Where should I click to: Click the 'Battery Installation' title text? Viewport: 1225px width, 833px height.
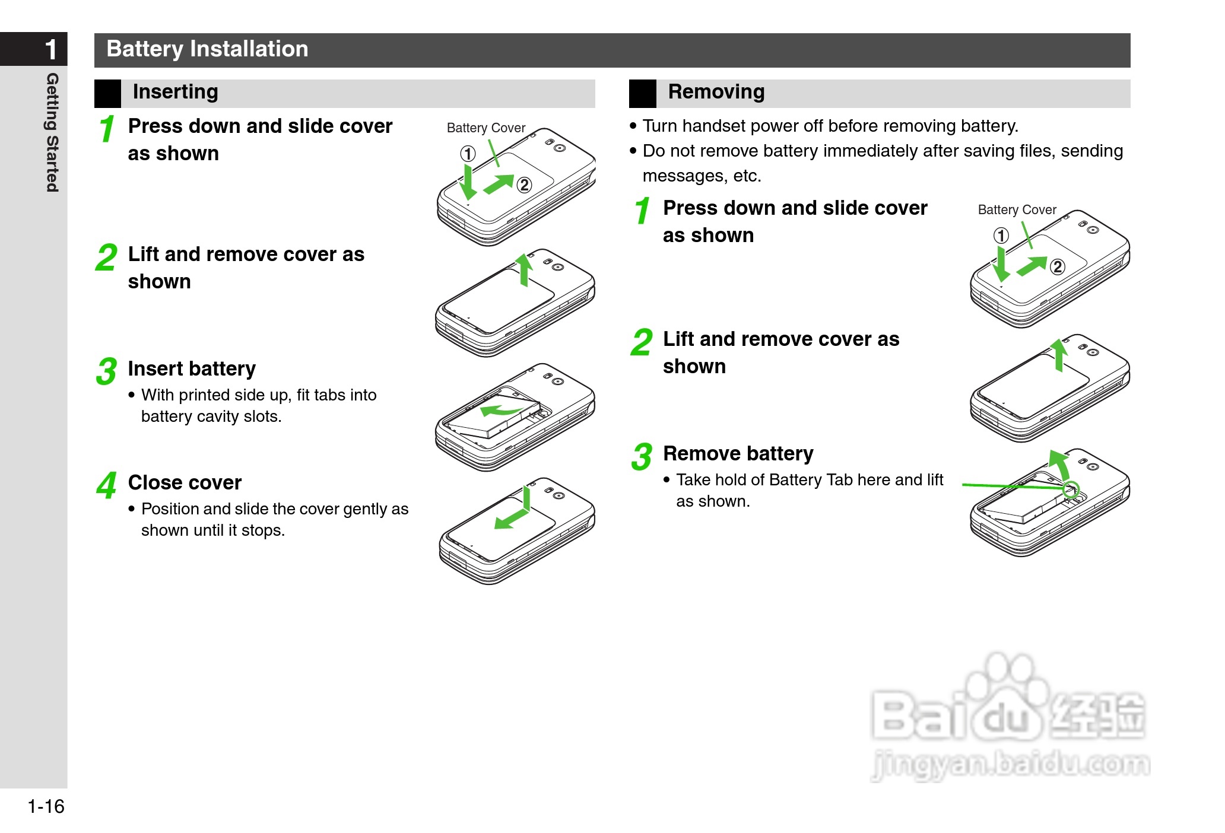click(x=207, y=49)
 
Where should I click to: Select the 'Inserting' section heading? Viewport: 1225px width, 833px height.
click(x=176, y=92)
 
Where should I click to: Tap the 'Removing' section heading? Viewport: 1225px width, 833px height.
click(x=716, y=92)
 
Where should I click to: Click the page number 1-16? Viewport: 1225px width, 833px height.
click(x=46, y=806)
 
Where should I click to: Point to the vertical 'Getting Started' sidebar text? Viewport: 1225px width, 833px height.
click(x=53, y=132)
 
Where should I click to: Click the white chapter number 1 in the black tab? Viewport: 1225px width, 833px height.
click(x=52, y=49)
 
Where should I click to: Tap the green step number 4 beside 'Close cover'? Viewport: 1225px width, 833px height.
click(x=106, y=485)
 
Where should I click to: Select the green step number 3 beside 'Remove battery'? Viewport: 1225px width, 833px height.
click(x=642, y=457)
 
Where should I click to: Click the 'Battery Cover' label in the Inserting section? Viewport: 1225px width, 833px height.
click(x=486, y=128)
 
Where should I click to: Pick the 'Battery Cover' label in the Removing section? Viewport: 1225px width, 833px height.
click(x=1017, y=210)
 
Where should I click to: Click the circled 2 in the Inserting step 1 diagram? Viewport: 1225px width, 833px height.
click(x=524, y=185)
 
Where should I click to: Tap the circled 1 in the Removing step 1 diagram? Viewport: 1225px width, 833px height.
click(x=1001, y=236)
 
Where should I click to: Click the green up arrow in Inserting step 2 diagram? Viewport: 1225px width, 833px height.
click(x=524, y=270)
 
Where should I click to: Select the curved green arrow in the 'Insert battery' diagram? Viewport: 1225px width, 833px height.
click(x=500, y=409)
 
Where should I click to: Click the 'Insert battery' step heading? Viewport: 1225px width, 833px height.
click(x=192, y=369)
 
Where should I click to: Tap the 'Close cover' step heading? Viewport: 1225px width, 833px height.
click(x=185, y=483)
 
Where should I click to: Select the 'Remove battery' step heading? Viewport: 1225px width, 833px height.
click(x=738, y=454)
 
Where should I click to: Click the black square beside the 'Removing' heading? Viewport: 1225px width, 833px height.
click(x=643, y=94)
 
